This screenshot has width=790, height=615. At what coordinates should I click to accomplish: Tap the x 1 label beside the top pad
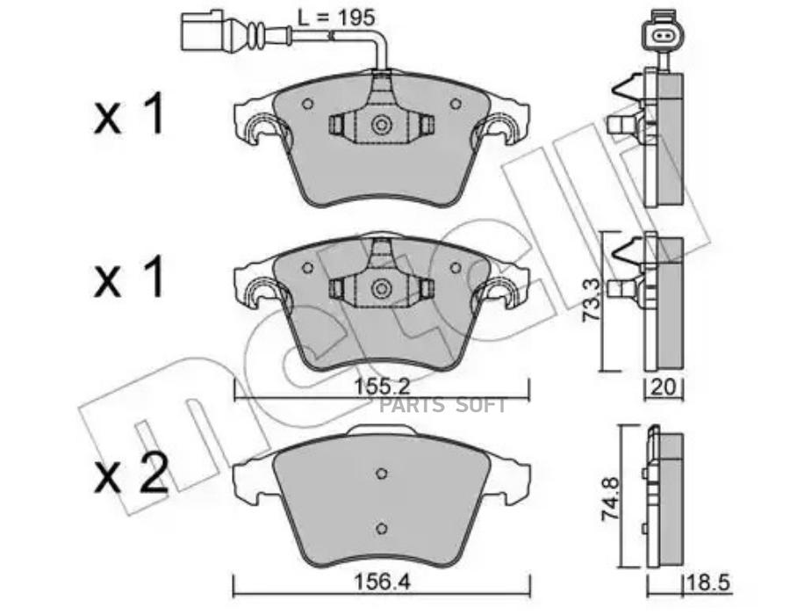tap(129, 115)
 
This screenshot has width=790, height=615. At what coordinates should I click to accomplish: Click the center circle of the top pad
tap(381, 126)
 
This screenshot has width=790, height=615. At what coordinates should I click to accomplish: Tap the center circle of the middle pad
tap(381, 288)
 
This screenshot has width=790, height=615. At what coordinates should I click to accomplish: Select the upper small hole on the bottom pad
tap(381, 474)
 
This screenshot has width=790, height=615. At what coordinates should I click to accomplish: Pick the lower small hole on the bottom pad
tap(381, 527)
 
